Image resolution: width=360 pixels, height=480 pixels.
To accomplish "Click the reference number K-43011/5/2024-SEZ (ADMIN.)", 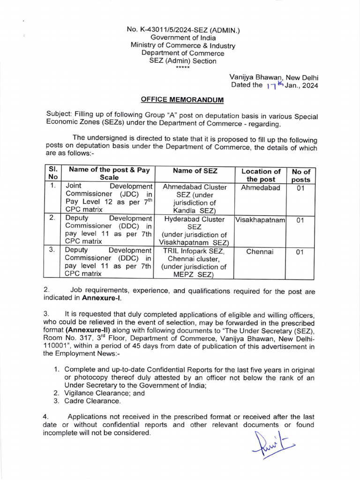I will pyautogui.click(x=183, y=30).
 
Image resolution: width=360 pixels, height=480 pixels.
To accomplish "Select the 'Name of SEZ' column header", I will pyautogui.click(x=195, y=171).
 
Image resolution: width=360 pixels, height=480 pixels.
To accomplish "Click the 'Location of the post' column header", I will pyautogui.click(x=261, y=175).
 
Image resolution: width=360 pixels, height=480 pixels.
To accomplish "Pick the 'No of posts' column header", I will pyautogui.click(x=301, y=175).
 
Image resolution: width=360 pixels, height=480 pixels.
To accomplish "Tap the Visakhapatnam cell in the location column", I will pyautogui.click(x=261, y=220).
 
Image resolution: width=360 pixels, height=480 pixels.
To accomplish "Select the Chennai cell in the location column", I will pyautogui.click(x=261, y=252).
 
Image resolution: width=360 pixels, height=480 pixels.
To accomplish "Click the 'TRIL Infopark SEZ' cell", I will pyautogui.click(x=195, y=251).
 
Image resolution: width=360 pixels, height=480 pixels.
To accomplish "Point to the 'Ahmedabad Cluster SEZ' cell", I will pyautogui.click(x=195, y=187).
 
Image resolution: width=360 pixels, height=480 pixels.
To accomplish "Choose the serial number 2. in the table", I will pyautogui.click(x=52, y=218).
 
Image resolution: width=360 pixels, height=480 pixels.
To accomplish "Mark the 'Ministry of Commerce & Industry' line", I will pyautogui.click(x=183, y=45).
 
